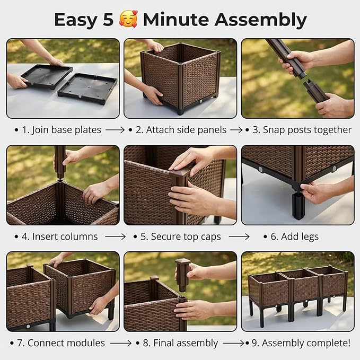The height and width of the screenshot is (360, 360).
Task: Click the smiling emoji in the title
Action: coord(128,19)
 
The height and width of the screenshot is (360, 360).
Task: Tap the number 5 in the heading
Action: coord(108,20)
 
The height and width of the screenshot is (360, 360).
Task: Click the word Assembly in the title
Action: coord(260,21)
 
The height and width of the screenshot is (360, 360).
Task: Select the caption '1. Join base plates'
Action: coord(62,130)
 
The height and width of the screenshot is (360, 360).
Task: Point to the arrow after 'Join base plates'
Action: coord(115,130)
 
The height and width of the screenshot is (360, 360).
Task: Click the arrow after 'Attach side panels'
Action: coord(236,130)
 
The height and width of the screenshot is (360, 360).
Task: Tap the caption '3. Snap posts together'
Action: coord(302,130)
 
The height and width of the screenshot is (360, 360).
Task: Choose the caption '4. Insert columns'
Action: coord(60,236)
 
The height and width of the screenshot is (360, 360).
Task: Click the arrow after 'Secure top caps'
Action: coord(239,236)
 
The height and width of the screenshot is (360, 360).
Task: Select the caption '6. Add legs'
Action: coord(295,236)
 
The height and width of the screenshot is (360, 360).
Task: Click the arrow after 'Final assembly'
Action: coord(233,344)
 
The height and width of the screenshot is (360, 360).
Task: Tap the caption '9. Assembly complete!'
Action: coord(301,343)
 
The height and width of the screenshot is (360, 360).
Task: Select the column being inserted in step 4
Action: coord(60,162)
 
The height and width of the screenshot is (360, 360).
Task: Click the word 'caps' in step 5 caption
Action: coord(211,237)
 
